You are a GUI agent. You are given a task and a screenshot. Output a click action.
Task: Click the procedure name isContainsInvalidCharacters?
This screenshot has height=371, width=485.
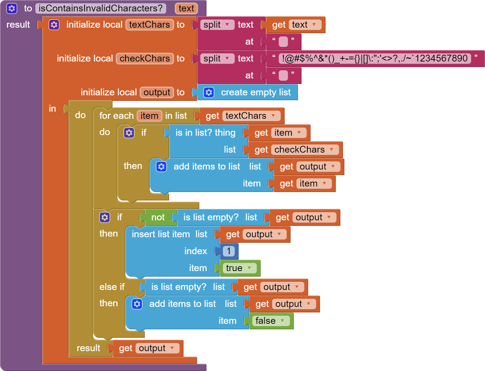(100, 8)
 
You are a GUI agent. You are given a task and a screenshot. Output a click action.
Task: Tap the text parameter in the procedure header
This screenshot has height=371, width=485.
(186, 8)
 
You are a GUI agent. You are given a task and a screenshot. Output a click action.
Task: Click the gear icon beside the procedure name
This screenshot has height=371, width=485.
(12, 8)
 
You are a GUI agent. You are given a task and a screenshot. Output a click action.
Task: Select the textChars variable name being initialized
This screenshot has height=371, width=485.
(150, 25)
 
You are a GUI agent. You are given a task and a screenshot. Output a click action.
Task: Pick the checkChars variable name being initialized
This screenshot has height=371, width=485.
(145, 59)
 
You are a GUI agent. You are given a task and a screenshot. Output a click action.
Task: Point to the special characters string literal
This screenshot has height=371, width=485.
(375, 59)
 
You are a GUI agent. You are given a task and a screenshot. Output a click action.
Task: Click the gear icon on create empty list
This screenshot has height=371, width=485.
(209, 92)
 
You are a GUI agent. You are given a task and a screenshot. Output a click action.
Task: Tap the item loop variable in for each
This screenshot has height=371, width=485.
(149, 116)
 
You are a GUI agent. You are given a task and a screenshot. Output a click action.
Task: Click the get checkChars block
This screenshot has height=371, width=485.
(296, 150)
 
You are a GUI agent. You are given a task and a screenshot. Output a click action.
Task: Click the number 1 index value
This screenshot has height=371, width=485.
(229, 251)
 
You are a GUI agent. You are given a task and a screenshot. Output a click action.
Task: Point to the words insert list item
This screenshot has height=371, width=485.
(161, 234)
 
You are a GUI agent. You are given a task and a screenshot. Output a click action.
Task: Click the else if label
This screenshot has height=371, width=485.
(112, 287)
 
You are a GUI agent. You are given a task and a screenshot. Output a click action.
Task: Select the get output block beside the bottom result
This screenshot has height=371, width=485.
(148, 348)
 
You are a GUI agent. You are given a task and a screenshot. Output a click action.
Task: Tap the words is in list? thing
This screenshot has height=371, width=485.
(206, 133)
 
